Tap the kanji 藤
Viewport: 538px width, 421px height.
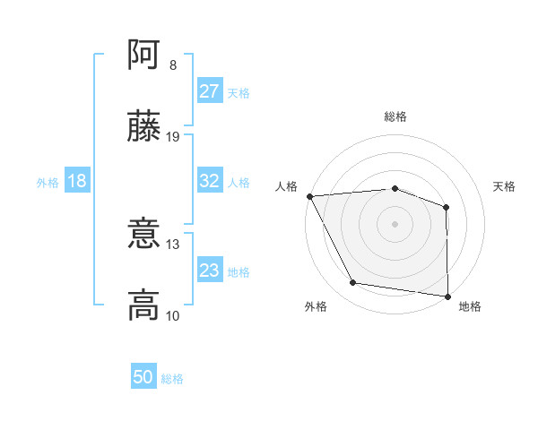(x=144, y=128)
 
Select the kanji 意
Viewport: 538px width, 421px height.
(x=144, y=234)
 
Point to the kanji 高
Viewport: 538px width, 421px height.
(x=144, y=305)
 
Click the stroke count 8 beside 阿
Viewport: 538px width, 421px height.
(x=173, y=65)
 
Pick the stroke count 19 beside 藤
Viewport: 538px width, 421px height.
(x=173, y=137)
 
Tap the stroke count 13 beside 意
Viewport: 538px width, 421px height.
(x=173, y=244)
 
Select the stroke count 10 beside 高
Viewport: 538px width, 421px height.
(x=173, y=315)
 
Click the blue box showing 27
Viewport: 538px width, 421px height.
(x=210, y=91)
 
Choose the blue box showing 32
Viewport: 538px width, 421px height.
(x=210, y=181)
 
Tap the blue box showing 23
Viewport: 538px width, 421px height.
(x=210, y=271)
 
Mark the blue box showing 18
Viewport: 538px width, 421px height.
(x=77, y=181)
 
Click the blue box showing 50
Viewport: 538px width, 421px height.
(x=143, y=377)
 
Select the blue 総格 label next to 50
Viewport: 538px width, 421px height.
(x=172, y=379)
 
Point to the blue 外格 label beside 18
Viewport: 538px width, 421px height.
(x=48, y=182)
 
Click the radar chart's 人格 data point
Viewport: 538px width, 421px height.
(x=309, y=195)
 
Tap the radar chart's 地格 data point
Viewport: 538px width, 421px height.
(x=447, y=296)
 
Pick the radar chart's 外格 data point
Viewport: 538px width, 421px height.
(x=353, y=283)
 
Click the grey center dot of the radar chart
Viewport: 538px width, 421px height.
(x=395, y=223)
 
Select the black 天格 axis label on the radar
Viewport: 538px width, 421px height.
(x=505, y=186)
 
